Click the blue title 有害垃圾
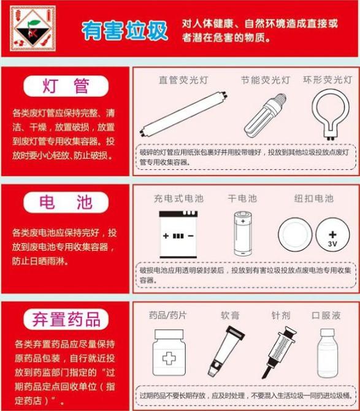coord(124,31)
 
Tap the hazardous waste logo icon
coord(33,28)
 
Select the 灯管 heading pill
coord(66,86)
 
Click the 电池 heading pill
coord(66,202)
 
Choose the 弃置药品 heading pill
coord(66,319)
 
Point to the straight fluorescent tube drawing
coord(183,113)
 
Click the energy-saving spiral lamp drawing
coord(264,115)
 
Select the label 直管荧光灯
coord(183,80)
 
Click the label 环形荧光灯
coord(327,80)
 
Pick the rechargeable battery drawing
coord(178,234)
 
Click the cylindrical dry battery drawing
coord(243,234)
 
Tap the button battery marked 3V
coord(332,234)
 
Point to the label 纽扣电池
coord(314,198)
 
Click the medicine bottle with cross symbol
coord(169,353)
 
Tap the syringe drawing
coord(278,352)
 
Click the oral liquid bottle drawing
coord(327,353)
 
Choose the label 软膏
coord(231,315)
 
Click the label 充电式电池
coord(178,198)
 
